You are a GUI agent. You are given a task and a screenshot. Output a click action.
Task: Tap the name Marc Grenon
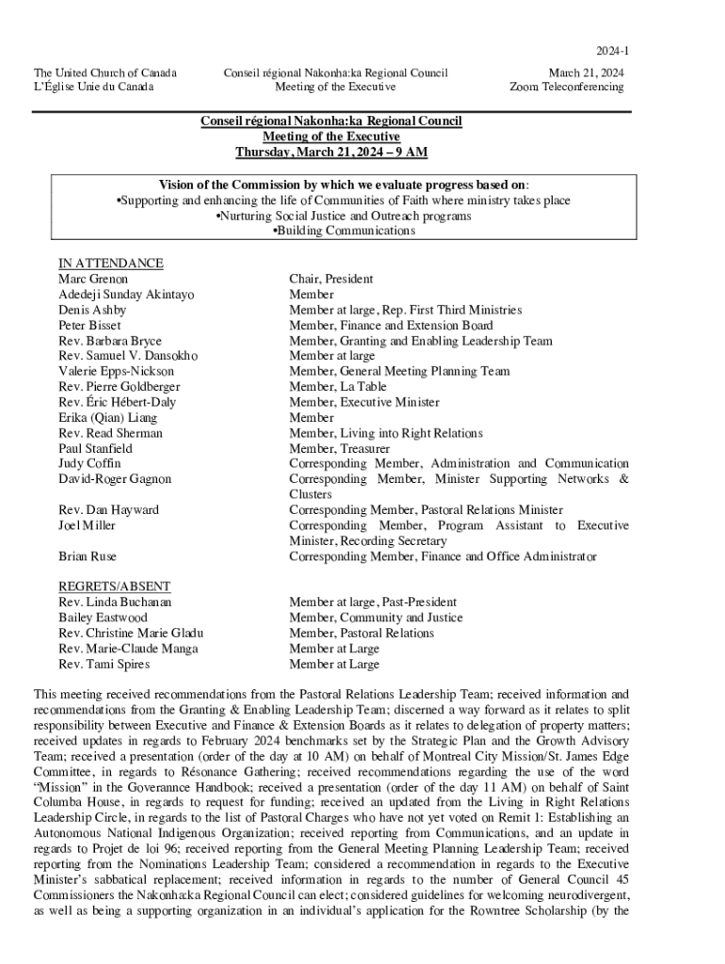point(93,279)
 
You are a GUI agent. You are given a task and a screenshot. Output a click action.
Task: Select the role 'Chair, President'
point(330,279)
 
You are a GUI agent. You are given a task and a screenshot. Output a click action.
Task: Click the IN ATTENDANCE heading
point(110,264)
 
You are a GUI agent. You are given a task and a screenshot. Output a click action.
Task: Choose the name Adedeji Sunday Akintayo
point(126,295)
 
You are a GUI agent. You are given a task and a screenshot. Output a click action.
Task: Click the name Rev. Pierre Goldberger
point(120,387)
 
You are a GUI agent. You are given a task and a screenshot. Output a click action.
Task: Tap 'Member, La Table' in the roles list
point(337,387)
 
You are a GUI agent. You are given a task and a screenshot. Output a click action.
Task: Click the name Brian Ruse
point(88,557)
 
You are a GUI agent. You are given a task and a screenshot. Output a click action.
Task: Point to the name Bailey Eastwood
point(103,618)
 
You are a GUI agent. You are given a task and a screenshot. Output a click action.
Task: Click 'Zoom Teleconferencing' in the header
point(566,88)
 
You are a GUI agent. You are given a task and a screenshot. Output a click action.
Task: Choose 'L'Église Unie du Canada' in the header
point(94,88)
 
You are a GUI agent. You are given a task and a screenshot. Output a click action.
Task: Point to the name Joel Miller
point(87,525)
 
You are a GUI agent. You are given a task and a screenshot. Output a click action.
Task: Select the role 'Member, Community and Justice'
point(376,618)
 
